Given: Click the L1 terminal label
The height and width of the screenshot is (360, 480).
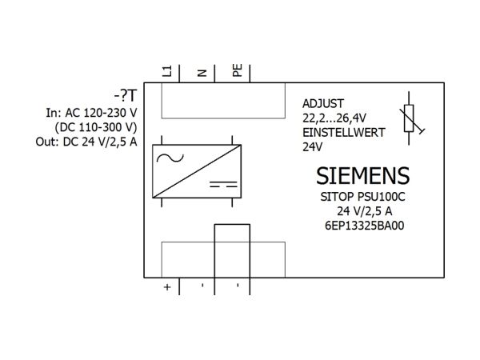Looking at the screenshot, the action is tap(166, 71).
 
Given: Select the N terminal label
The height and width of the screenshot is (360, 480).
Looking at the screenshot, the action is tap(202, 73).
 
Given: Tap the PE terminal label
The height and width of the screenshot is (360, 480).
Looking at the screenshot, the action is tap(238, 70).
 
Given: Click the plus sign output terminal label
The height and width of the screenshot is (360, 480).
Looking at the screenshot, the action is tap(167, 287).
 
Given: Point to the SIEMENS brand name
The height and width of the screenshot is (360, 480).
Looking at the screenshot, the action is tap(362, 176).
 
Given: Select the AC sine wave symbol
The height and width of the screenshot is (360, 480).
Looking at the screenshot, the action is tap(170, 158).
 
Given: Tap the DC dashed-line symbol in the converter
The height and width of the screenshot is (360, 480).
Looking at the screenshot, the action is tap(223, 184).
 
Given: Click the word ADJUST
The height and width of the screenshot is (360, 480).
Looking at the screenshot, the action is tap(323, 104).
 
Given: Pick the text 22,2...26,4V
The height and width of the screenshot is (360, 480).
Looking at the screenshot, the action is tap(334, 118).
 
